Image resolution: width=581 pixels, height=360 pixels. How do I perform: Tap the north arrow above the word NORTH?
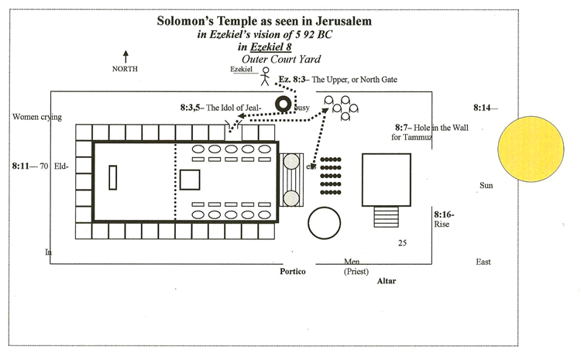point(125,55)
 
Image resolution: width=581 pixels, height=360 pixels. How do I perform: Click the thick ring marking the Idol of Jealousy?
point(284,104)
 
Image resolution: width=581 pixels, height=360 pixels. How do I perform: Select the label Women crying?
point(37,118)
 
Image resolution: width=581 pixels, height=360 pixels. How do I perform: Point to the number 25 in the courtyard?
point(403,243)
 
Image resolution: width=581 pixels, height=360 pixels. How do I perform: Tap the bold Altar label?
point(386,281)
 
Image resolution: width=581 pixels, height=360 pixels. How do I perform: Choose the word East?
point(484,262)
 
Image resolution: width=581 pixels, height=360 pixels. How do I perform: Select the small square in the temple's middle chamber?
point(190,180)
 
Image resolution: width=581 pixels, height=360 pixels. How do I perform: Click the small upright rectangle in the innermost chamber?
point(113,177)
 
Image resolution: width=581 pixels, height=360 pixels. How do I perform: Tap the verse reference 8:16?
point(444,214)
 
